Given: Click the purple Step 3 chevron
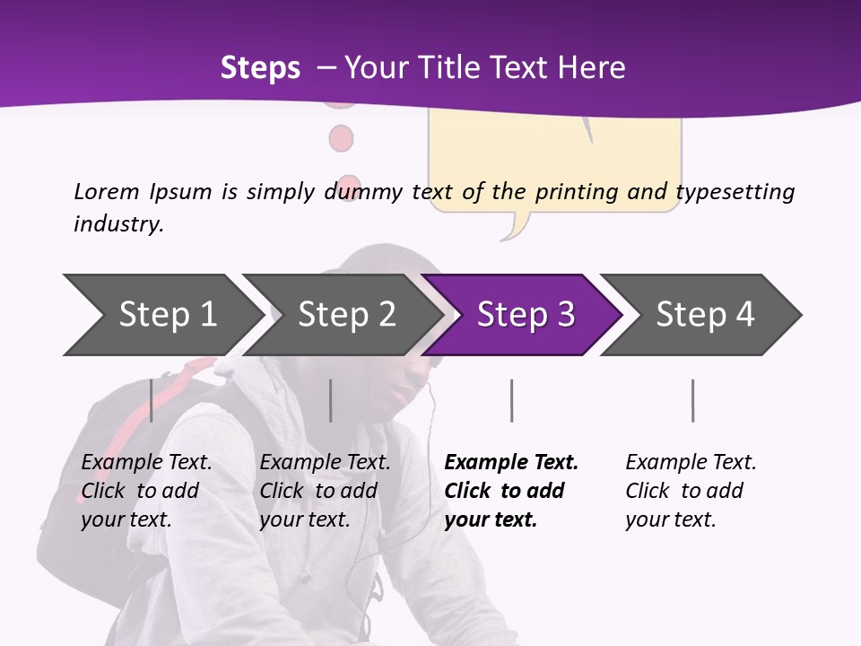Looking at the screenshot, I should pos(525,315).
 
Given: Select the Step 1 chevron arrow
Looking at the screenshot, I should pos(167,315).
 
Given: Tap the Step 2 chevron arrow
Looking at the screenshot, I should pos(346,315).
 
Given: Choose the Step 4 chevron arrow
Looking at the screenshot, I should pos(704,315).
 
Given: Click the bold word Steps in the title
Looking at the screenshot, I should pos(260,68).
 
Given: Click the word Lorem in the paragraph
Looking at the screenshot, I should pos(107,191).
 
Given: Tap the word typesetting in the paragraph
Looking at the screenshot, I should pos(735,191).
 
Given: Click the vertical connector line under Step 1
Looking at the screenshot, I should pos(152,400).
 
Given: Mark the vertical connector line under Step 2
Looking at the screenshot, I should pos(331,400).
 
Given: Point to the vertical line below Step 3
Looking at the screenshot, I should pos(512,400).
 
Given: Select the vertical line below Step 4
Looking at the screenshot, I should pos(692,400).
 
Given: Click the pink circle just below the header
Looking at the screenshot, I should pos(341,139).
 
